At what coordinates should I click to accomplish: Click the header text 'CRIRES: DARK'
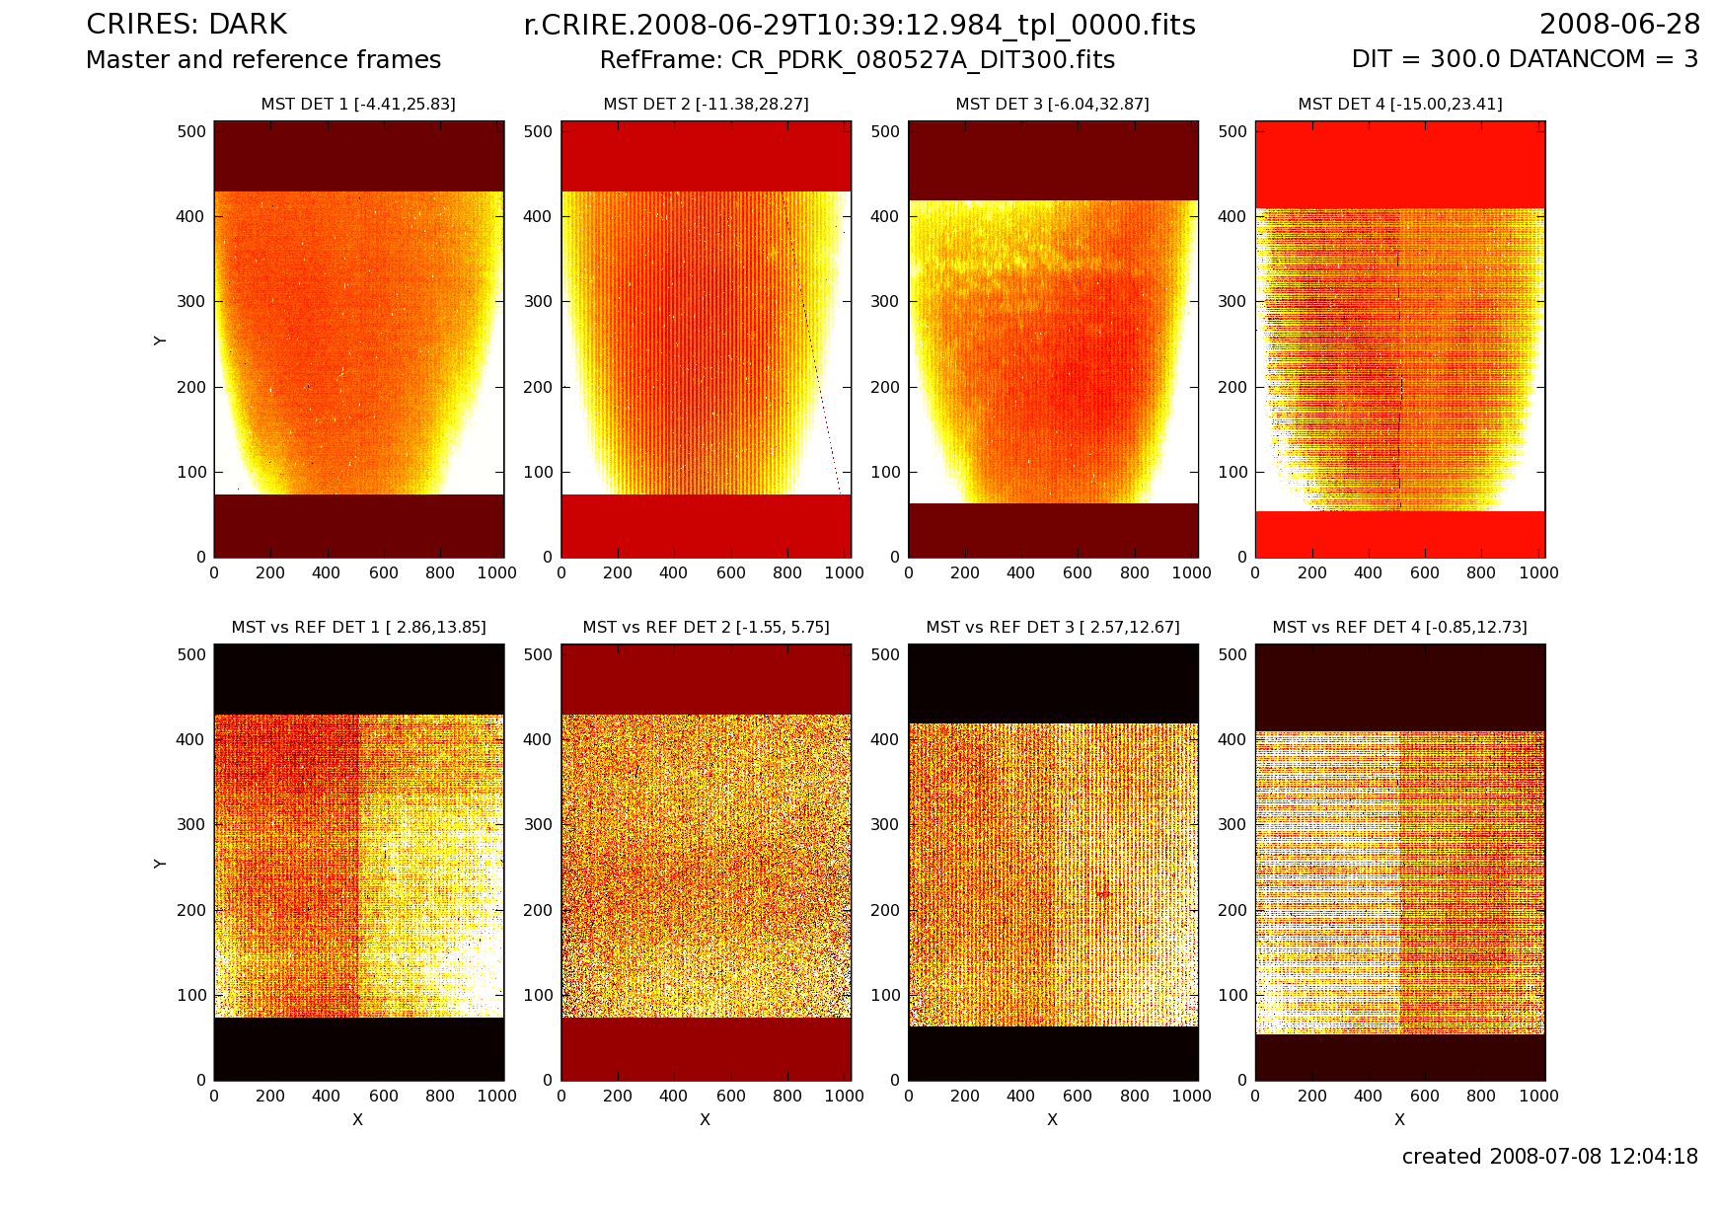click(x=187, y=25)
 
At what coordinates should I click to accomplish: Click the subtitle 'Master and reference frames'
click(x=263, y=60)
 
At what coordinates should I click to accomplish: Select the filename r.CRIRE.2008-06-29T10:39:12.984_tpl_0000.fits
click(x=858, y=25)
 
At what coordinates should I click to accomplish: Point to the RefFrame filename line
click(x=857, y=60)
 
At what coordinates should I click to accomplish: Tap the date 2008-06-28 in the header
click(x=1619, y=25)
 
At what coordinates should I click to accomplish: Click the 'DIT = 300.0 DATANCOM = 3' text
click(x=1525, y=59)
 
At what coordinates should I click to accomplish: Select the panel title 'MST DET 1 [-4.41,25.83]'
click(x=358, y=104)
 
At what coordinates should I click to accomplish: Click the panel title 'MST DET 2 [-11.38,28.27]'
click(x=706, y=104)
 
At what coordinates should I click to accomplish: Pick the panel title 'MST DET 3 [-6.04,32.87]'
click(x=1052, y=104)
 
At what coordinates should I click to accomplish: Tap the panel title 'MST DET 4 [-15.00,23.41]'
click(x=1399, y=104)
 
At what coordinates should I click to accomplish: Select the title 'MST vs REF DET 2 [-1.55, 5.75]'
click(x=706, y=627)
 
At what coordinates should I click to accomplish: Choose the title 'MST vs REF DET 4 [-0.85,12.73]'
click(x=1399, y=627)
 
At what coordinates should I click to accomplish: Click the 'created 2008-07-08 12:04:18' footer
click(x=1549, y=1156)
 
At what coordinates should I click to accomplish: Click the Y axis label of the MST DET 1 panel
click(x=160, y=341)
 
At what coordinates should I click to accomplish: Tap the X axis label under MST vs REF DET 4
click(x=1399, y=1119)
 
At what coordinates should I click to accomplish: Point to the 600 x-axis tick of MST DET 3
click(x=1078, y=572)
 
